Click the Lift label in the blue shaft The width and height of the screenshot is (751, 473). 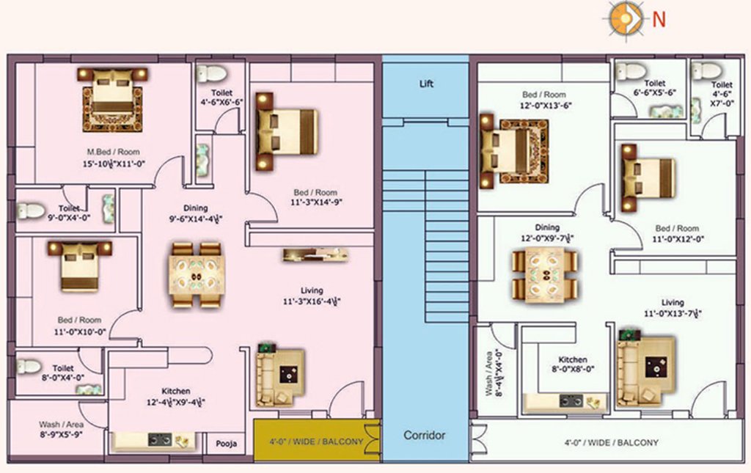coord(426,84)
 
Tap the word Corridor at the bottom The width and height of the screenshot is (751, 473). coord(425,435)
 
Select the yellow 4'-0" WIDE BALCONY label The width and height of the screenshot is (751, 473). coord(316,441)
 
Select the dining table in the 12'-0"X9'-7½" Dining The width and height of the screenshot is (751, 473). coord(544,274)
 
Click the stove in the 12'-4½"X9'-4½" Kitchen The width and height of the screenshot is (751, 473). coord(160,439)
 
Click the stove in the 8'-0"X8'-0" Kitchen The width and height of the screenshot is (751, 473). coord(571,400)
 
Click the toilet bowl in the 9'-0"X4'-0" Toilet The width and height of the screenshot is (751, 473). coord(31,211)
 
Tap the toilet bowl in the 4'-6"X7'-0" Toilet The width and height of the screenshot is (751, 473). coord(706,70)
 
